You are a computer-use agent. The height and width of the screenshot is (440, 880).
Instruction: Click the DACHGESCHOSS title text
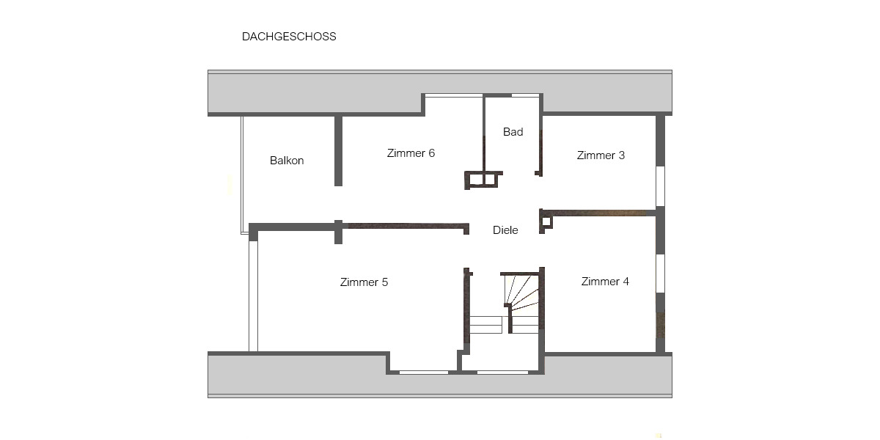289,37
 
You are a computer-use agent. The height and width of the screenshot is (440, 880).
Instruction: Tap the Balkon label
287,161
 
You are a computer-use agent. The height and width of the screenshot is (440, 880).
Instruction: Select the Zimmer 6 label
411,153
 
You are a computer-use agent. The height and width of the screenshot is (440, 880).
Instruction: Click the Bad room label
513,132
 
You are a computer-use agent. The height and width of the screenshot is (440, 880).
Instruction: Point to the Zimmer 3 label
601,155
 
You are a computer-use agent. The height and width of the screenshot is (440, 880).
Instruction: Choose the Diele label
505,230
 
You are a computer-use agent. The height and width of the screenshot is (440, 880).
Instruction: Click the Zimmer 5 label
364,282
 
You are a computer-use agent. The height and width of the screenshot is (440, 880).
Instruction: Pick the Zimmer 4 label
605,282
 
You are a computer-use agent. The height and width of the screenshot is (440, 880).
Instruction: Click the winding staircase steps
522,291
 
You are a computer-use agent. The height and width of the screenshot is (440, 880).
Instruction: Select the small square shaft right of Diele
546,220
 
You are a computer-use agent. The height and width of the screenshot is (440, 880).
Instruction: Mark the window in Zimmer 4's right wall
660,273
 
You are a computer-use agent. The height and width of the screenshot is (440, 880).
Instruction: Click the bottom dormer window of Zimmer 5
424,372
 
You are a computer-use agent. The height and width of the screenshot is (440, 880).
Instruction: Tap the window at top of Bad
525,95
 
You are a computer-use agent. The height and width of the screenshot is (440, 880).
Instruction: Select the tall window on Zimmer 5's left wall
253,296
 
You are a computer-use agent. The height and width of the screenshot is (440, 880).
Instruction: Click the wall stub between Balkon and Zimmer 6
338,150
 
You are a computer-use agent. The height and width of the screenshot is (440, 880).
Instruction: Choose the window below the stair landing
502,372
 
